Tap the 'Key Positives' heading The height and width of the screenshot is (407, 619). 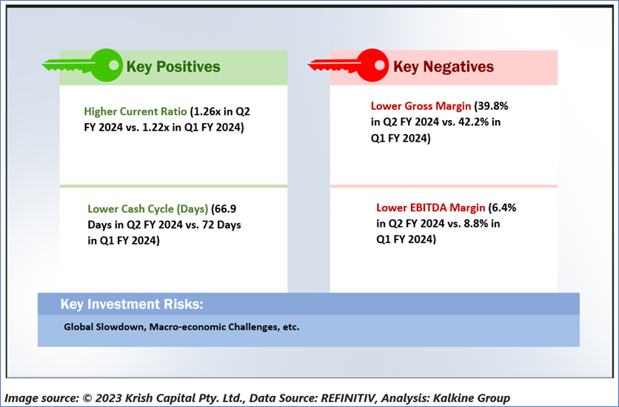point(173,67)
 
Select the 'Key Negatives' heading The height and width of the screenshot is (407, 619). point(444,67)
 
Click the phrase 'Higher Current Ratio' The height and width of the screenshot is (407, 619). point(135,111)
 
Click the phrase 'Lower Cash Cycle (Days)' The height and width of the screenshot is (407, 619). point(147,208)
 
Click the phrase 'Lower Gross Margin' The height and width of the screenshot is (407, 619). point(421,106)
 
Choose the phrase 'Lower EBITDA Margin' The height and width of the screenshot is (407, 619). point(431,208)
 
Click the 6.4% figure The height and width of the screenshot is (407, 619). point(503,208)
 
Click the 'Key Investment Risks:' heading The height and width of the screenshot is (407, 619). point(132,304)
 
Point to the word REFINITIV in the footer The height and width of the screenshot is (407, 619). point(349,397)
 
